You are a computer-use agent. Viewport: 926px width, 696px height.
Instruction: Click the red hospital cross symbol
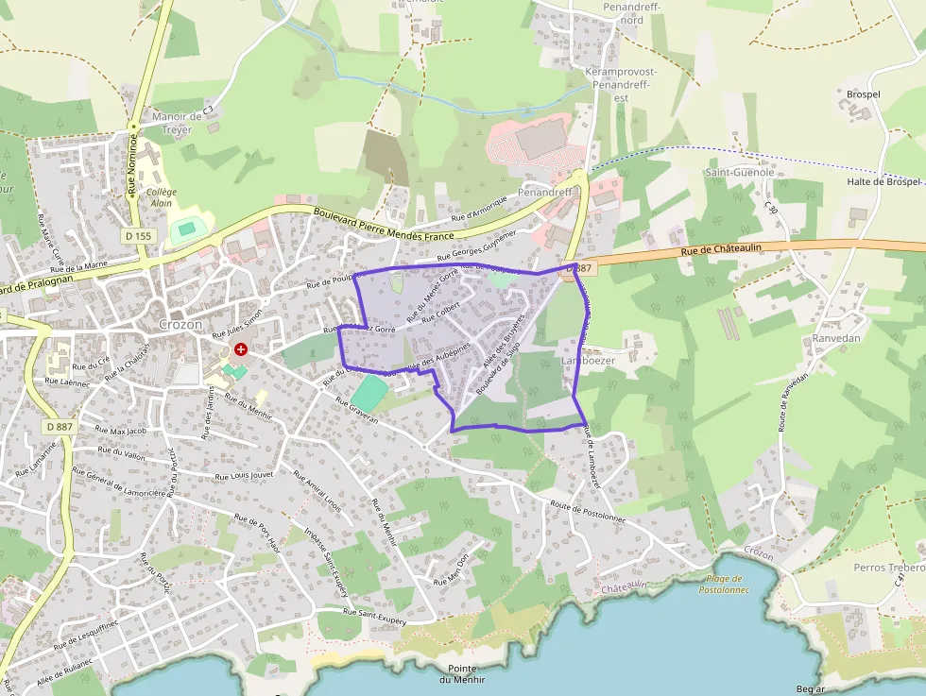(x=241, y=349)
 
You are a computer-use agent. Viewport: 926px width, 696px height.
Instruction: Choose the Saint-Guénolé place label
(x=740, y=173)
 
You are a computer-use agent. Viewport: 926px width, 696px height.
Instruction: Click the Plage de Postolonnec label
(x=724, y=584)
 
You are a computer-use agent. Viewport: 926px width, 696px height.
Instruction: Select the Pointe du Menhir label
(x=462, y=673)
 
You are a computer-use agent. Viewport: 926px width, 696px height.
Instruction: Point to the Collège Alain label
(x=162, y=196)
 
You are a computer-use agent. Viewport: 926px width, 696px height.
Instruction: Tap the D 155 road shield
(x=137, y=236)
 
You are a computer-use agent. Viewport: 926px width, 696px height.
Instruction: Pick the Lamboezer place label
(x=588, y=361)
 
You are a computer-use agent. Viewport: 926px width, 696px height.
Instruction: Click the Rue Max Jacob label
(x=123, y=432)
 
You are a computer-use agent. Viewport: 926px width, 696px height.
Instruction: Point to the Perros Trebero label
(x=888, y=568)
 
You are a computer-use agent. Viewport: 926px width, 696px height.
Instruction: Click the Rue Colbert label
(x=440, y=312)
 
